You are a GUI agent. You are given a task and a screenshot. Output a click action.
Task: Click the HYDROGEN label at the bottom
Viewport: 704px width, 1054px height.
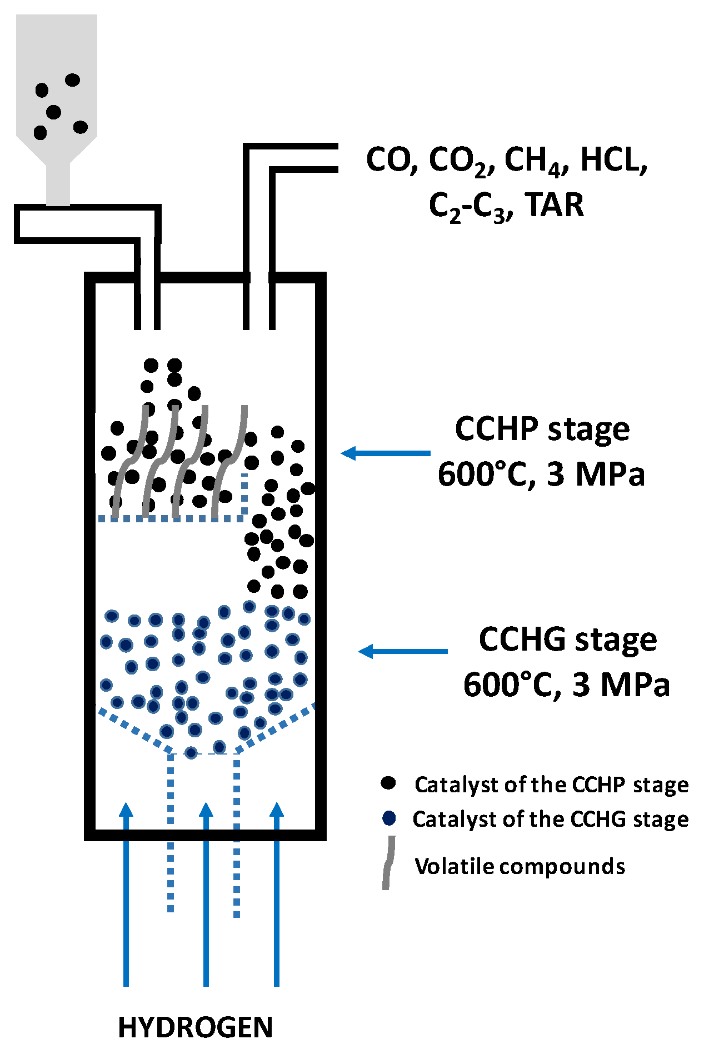pos(196,1027)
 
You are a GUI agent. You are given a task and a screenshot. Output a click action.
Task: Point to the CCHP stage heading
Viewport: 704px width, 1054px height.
pos(542,429)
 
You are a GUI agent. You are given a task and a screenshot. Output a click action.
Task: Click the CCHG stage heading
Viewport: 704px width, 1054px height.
pos(567,640)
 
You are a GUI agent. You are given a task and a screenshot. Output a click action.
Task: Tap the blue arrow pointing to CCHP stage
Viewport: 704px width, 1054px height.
pos(386,453)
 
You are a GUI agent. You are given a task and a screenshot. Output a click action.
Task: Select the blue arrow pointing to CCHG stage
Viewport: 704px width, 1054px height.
pos(403,651)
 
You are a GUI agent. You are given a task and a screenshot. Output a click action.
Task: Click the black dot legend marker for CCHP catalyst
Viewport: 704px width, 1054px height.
pos(388,783)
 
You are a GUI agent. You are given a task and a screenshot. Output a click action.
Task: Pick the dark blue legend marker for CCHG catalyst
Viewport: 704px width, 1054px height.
pos(389,818)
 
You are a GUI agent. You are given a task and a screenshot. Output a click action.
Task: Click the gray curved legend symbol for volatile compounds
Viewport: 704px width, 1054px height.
pos(388,862)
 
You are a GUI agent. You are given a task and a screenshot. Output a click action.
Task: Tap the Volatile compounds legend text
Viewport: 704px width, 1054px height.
pos(520,866)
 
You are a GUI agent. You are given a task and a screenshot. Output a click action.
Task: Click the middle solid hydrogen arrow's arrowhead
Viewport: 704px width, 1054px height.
pos(206,810)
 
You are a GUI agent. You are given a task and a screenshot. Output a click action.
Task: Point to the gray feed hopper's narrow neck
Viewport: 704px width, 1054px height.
pos(58,183)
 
